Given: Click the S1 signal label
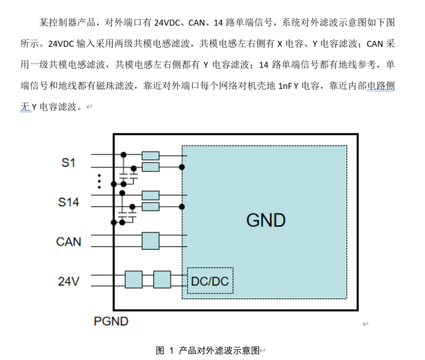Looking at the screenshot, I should pyautogui.click(x=69, y=163).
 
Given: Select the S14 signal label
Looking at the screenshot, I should pyautogui.click(x=69, y=202).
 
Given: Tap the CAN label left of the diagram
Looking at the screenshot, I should pyautogui.click(x=69, y=242).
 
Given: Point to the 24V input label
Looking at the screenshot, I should pyautogui.click(x=69, y=281).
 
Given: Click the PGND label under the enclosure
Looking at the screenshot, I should pyautogui.click(x=111, y=321).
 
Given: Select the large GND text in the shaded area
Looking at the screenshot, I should pyautogui.click(x=266, y=220).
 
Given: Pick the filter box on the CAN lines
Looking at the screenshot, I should pyautogui.click(x=151, y=241).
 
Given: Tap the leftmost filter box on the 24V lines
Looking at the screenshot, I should pyautogui.click(x=134, y=279).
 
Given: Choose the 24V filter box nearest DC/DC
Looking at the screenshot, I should pyautogui.click(x=162, y=279).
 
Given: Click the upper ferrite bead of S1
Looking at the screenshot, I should pyautogui.click(x=151, y=155).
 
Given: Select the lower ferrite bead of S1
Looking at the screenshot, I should pyautogui.click(x=151, y=167).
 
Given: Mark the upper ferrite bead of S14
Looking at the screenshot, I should pyautogui.click(x=151, y=195).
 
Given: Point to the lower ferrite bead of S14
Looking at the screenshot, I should pyautogui.click(x=151, y=207).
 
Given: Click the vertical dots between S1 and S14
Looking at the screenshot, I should pyautogui.click(x=99, y=181).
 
